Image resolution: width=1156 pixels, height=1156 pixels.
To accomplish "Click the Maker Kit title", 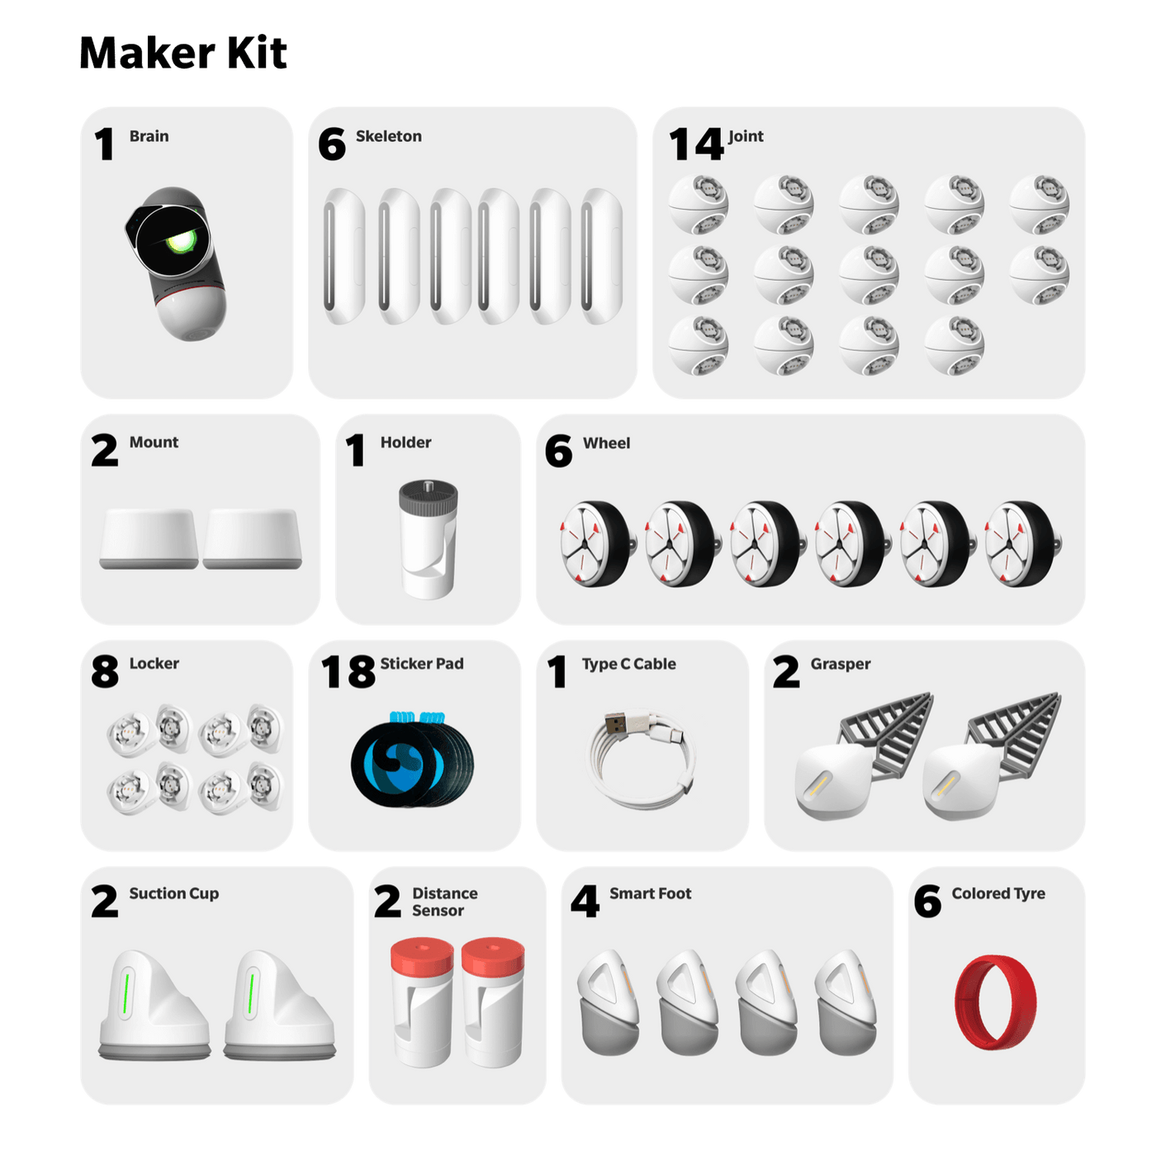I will [182, 54].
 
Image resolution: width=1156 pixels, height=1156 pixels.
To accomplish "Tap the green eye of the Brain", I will [180, 242].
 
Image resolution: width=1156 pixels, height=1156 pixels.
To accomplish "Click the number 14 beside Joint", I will [696, 144].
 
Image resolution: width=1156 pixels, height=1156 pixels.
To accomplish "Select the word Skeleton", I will [388, 136].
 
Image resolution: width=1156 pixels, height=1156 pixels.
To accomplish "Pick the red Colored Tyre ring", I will [995, 1002].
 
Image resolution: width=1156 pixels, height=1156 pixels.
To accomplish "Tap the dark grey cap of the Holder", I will [428, 499].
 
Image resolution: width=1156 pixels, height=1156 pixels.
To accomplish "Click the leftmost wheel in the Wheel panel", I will [595, 543].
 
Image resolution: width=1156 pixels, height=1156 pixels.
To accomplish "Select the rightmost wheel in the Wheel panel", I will [1021, 543].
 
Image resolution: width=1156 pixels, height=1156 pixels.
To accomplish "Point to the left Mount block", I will [149, 538].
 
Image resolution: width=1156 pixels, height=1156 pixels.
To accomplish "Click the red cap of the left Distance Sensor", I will [422, 955].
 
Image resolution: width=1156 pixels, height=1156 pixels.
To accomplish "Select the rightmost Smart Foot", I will [846, 1002].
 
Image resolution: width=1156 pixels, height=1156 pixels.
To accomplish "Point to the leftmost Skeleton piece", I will [343, 256].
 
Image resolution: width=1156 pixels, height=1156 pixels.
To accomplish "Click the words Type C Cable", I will [628, 664].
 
